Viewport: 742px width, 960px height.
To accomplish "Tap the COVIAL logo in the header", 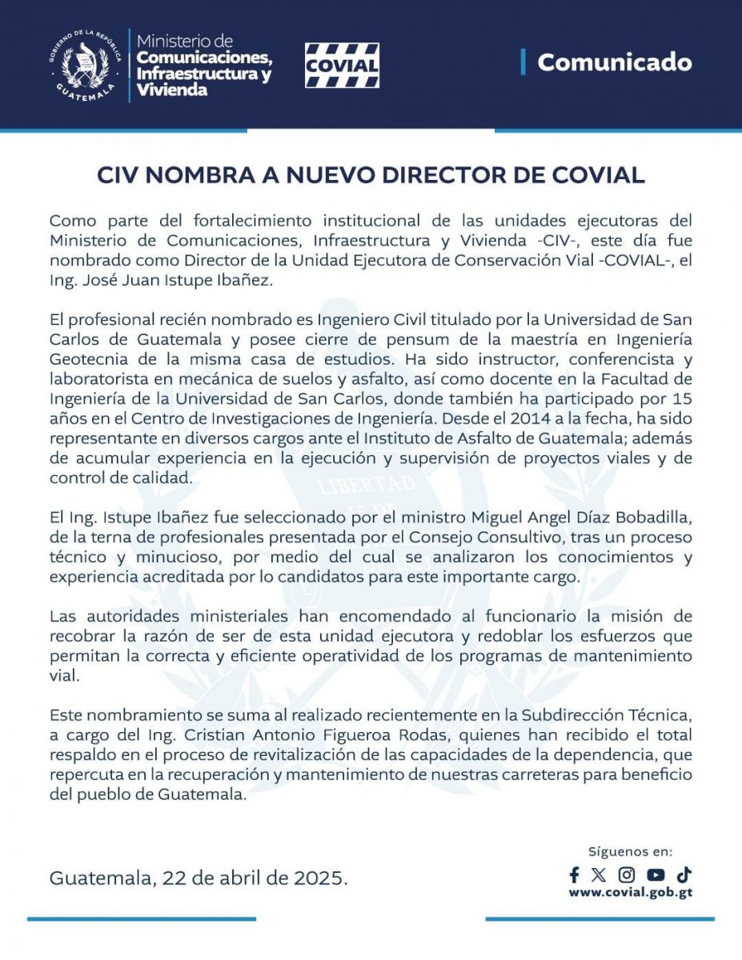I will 342,65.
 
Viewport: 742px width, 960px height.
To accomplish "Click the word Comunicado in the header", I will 614,62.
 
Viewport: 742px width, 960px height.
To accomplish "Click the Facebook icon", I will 574,874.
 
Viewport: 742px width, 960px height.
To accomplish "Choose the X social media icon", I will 599,874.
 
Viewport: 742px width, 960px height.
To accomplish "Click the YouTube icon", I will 656,874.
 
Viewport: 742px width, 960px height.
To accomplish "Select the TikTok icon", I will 684,874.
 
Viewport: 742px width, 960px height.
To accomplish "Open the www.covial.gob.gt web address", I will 631,893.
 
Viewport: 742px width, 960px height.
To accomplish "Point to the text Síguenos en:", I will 631,852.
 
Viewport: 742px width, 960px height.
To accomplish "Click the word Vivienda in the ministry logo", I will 172,90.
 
